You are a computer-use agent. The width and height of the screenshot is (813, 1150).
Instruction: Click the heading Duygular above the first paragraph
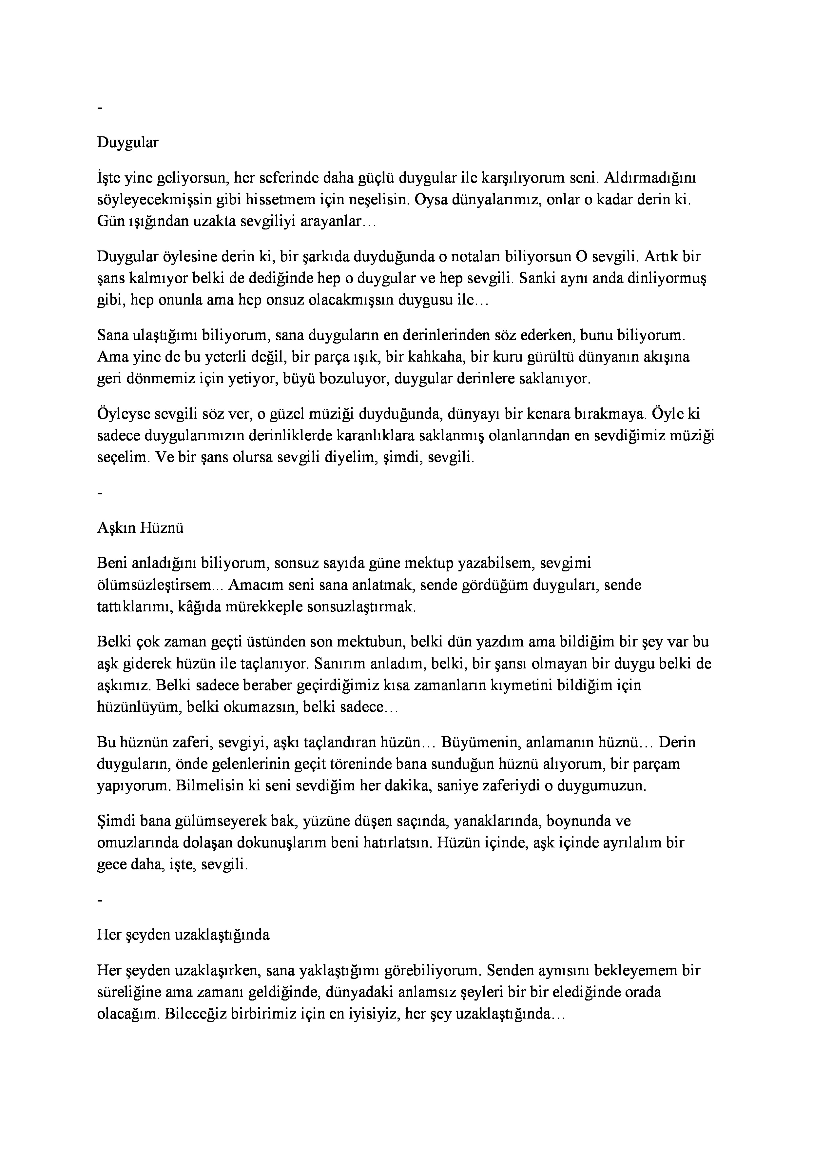(x=128, y=143)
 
